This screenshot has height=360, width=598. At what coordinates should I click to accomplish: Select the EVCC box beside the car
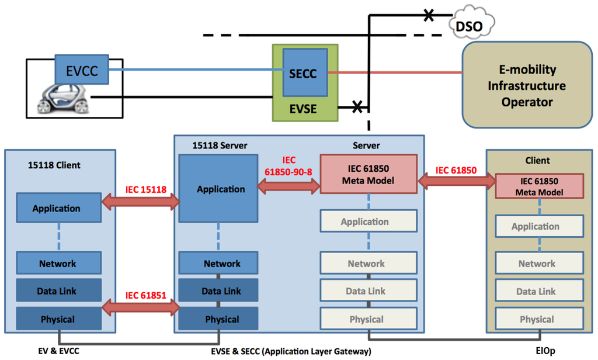tap(81, 71)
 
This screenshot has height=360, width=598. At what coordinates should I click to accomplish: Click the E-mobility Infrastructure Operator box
tap(527, 85)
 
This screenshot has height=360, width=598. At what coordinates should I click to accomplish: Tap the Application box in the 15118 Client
tap(57, 209)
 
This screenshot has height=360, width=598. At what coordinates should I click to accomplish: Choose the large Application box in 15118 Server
tap(221, 189)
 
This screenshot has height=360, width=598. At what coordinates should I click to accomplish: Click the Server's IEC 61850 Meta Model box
tap(368, 174)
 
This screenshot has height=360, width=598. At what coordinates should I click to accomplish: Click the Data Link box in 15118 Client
tap(57, 291)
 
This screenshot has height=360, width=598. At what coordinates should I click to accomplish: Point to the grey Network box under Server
tap(368, 264)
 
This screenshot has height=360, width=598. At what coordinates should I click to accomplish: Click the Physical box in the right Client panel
tap(537, 319)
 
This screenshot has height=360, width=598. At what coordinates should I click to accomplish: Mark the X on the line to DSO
tap(429, 15)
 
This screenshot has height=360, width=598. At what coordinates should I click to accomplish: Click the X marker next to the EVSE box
tap(357, 106)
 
